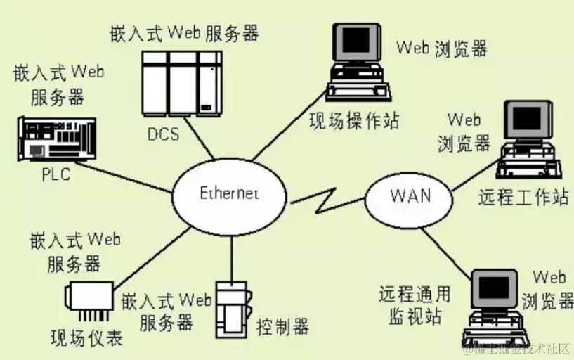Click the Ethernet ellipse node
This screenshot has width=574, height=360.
(230, 193)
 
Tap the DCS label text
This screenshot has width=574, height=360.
(163, 133)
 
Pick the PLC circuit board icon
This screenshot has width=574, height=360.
(55, 139)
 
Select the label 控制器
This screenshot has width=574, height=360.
(282, 326)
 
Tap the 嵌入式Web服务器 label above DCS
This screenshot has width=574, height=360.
(184, 33)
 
